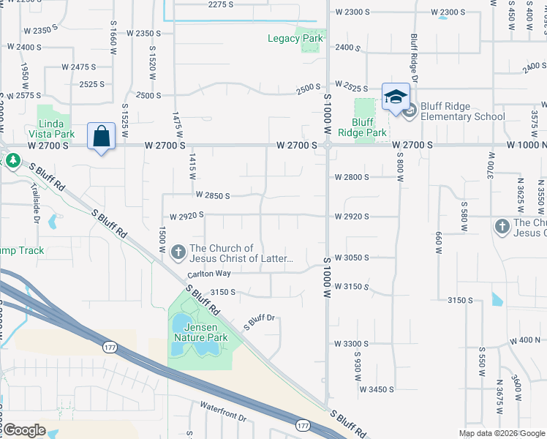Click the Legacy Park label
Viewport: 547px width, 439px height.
(x=295, y=38)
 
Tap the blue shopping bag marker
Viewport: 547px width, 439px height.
(x=101, y=136)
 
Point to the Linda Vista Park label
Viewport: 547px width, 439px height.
(x=52, y=129)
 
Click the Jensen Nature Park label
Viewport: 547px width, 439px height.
(x=201, y=332)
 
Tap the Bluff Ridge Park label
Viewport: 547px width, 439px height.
(x=363, y=127)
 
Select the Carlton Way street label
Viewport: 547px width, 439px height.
(x=209, y=274)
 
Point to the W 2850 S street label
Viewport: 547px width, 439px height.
(x=213, y=195)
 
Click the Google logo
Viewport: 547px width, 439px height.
(x=24, y=429)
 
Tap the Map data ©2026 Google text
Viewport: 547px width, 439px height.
(x=502, y=433)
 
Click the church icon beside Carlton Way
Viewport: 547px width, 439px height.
(x=178, y=253)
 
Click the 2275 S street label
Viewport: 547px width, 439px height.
(x=220, y=4)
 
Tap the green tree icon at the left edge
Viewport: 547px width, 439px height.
(x=12, y=159)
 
